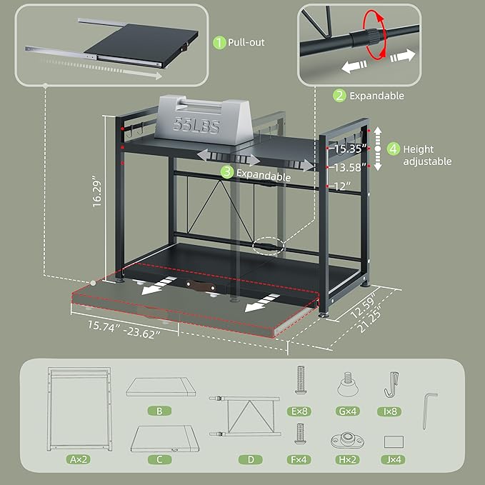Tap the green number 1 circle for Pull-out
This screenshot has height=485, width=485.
coord(219,43)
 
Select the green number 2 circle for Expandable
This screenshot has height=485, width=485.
coord(340,96)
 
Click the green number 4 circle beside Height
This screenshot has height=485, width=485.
coord(393,150)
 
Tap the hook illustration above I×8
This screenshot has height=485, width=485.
coord(391,386)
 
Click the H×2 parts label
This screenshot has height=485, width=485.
coord(348,461)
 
